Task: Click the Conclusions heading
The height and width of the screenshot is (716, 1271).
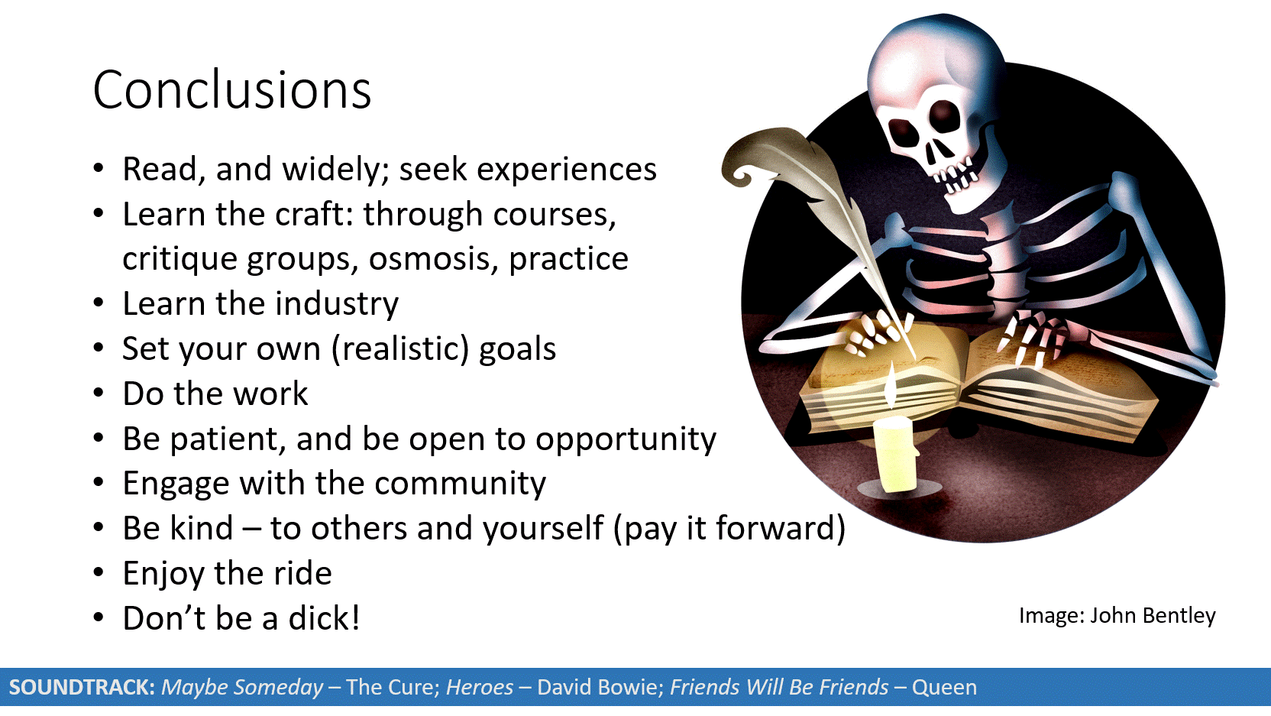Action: point(232,90)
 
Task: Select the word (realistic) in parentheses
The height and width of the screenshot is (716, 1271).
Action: point(400,348)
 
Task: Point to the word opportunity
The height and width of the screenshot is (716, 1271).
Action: point(626,439)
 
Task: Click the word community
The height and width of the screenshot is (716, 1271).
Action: point(460,484)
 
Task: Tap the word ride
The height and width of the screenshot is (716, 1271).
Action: point(303,573)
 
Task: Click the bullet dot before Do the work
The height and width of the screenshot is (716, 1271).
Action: point(99,393)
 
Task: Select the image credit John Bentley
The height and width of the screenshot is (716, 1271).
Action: point(1153,615)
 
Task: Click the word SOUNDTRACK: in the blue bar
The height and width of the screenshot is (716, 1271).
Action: point(82,687)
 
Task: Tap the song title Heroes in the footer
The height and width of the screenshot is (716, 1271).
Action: point(480,687)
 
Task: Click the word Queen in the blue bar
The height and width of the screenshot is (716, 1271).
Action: point(944,688)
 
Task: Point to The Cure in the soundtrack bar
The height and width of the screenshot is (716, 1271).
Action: point(393,687)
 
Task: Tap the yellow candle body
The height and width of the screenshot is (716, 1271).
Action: point(894,453)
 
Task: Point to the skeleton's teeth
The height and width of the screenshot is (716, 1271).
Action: point(954,176)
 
